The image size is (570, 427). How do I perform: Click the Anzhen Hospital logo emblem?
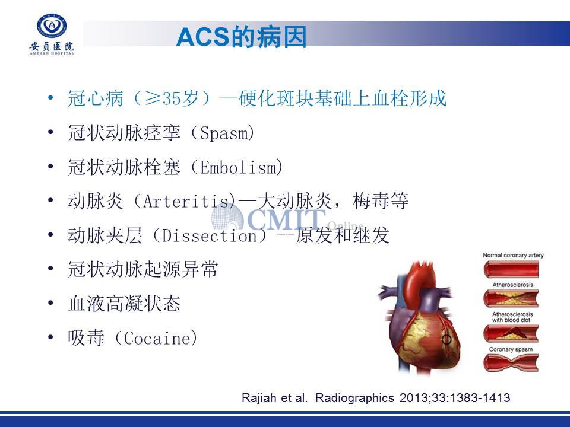[52, 26]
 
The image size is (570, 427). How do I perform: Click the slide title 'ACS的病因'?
[242, 37]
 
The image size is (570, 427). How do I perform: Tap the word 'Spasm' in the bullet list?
[223, 133]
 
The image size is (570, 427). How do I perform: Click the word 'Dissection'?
[209, 235]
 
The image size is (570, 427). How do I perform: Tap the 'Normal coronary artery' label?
[513, 255]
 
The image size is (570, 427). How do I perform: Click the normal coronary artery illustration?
[511, 269]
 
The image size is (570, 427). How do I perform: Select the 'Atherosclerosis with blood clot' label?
[512, 317]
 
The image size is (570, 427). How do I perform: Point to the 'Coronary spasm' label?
[511, 349]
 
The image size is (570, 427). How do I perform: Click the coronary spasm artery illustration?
[511, 363]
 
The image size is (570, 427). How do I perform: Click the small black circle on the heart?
[446, 339]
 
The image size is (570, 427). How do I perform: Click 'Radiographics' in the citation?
[355, 397]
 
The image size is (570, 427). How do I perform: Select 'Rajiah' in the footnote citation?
[259, 397]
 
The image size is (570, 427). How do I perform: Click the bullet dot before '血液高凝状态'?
[50, 303]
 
